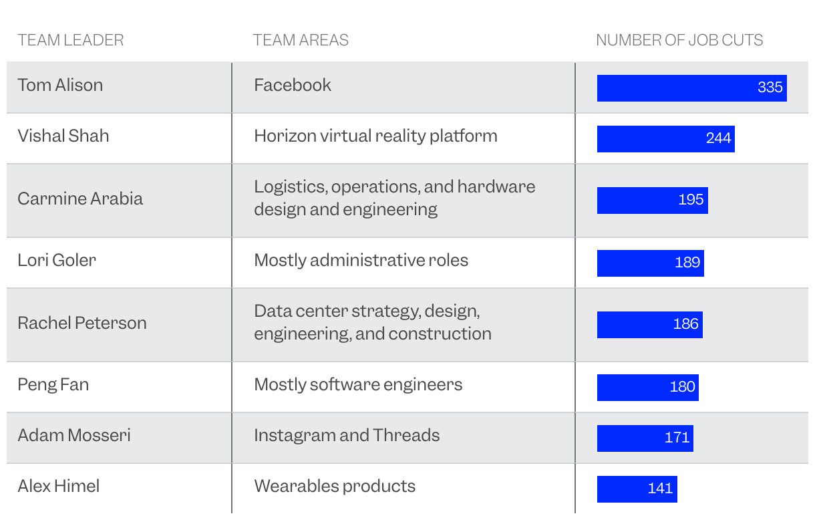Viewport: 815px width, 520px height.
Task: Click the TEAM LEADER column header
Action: [x=71, y=40]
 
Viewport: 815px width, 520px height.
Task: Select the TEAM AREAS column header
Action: [x=301, y=40]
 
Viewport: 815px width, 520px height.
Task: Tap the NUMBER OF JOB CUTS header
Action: [x=679, y=40]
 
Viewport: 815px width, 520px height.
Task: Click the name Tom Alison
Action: [x=60, y=85]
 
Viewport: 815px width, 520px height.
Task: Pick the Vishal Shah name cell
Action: [x=63, y=136]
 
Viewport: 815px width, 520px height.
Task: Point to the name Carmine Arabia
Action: [x=80, y=199]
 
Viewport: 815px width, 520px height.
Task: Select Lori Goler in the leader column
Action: [x=57, y=260]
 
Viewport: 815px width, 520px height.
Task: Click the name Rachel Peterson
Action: [x=82, y=323]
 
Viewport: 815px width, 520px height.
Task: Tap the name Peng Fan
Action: [x=53, y=384]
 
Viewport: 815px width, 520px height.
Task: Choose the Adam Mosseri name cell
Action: [x=74, y=435]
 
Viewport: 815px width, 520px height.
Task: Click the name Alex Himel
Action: [x=59, y=486]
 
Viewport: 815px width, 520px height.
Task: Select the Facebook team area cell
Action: [x=293, y=85]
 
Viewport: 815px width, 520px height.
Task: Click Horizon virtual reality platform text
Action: [x=375, y=136]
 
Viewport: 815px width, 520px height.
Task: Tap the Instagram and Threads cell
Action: [x=347, y=435]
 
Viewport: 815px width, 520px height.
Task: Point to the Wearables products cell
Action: [x=335, y=486]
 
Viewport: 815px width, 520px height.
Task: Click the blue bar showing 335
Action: [x=691, y=88]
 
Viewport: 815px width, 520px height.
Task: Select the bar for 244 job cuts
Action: [x=665, y=139]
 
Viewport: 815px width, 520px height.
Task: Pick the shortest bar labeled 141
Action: [x=637, y=489]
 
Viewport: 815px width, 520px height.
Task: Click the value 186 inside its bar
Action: [x=685, y=324]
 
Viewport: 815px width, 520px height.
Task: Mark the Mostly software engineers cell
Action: [x=358, y=384]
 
